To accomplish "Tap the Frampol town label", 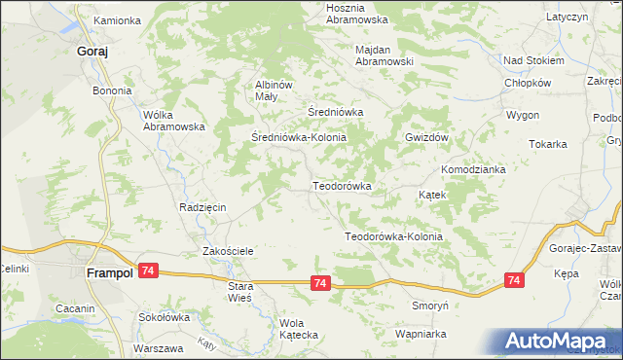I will pos(109,274).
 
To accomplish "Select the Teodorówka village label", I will pos(342,185).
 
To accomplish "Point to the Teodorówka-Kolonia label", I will pos(394,236).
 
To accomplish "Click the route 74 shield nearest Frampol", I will pos(147,270).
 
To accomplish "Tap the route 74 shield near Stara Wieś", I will pos(320,282).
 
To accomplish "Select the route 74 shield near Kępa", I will pos(514,280).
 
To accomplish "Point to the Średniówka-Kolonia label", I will pos(298,138).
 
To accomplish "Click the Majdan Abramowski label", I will pos(385,54).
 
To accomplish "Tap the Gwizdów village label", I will pos(425,138).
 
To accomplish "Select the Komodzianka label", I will pos(473,169).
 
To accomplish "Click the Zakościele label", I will pos(228,251).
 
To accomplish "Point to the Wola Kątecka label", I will pos(299,329).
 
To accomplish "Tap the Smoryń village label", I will pos(428,305).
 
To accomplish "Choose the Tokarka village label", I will pos(548,144).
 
